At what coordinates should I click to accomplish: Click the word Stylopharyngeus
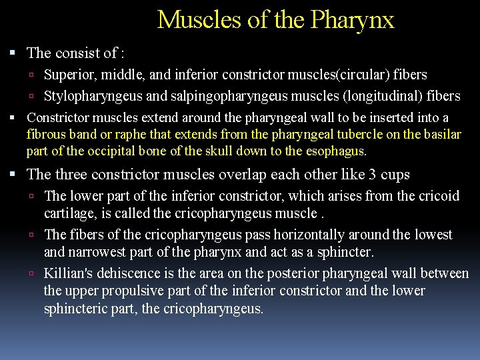pyautogui.click(x=93, y=97)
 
